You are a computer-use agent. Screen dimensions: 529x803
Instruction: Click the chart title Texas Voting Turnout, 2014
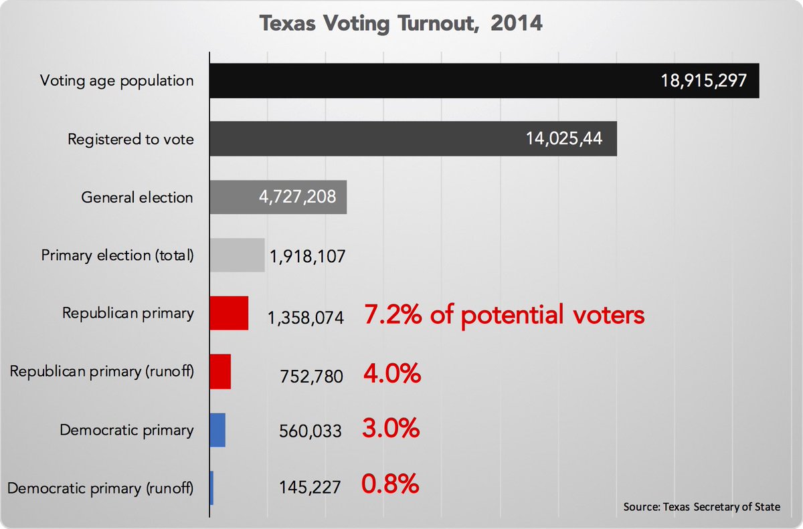click(x=401, y=24)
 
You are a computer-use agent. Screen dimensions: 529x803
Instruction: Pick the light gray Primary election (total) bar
click(x=237, y=255)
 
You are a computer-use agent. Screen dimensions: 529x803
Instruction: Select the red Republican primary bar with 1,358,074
click(x=229, y=313)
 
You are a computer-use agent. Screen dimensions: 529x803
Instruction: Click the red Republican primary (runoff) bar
click(x=220, y=372)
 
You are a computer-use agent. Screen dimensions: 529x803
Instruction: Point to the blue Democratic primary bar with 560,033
click(x=217, y=430)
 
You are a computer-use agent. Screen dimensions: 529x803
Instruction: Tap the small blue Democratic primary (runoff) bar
click(x=211, y=488)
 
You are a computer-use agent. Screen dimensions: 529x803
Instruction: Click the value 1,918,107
click(x=307, y=256)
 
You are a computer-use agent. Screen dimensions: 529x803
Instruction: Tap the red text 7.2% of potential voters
click(x=504, y=314)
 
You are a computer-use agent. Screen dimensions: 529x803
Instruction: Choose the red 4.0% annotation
click(x=392, y=373)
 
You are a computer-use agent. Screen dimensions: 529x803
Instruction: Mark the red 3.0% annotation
click(x=391, y=429)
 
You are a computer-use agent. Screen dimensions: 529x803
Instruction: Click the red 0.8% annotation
click(x=391, y=484)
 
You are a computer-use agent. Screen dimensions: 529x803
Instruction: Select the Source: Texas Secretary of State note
click(x=701, y=507)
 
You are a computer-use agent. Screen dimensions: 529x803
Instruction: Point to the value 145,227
click(x=310, y=488)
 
